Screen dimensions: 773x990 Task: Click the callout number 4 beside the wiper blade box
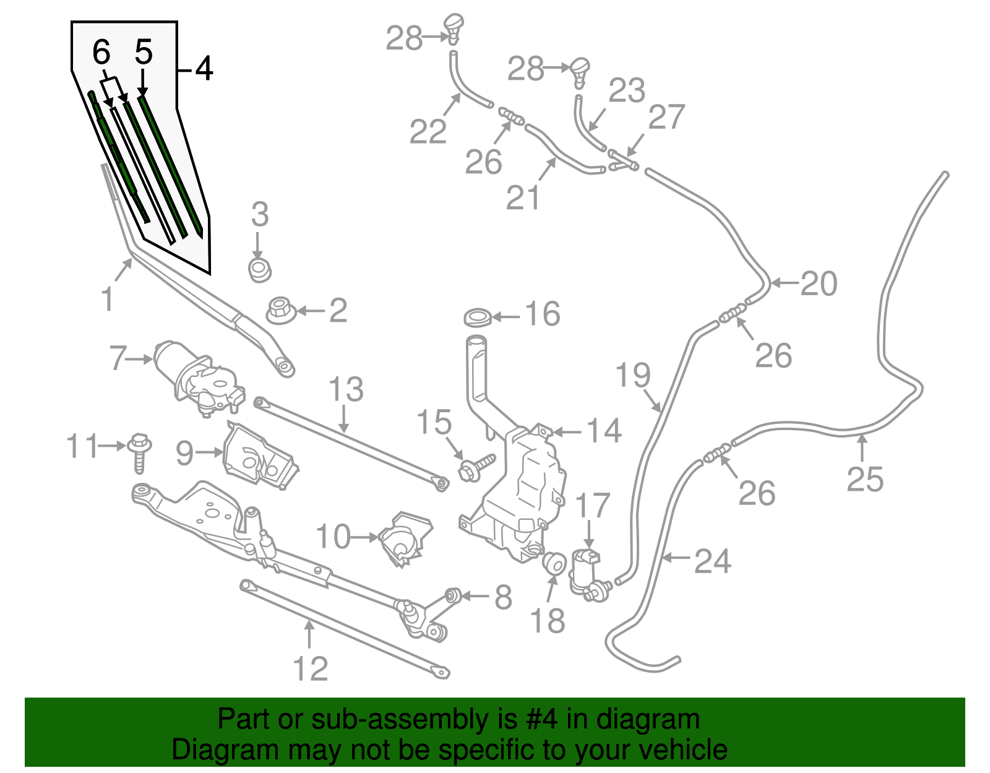(204, 69)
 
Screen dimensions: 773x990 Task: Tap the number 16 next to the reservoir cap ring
(543, 314)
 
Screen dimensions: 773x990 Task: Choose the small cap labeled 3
(260, 270)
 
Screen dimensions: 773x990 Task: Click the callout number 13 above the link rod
(346, 390)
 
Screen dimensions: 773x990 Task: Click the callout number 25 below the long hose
(865, 480)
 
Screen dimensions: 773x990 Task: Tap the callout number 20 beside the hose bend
(818, 284)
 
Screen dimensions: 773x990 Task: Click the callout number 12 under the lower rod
(309, 669)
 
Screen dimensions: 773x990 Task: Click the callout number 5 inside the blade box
(144, 52)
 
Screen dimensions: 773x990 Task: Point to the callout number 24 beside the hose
(712, 561)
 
